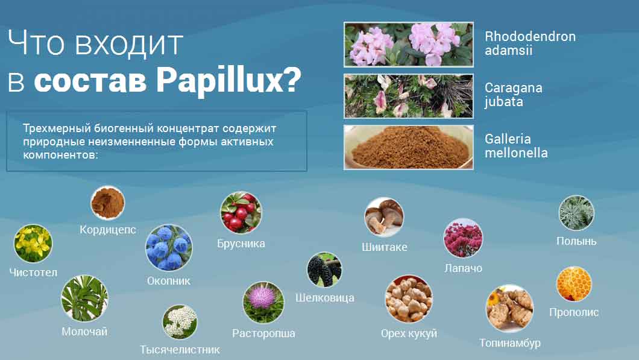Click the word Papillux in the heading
tap(228, 80)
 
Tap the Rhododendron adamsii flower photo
tap(408, 45)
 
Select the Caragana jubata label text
tap(513, 95)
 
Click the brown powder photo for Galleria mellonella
tap(408, 147)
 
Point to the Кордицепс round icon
tap(107, 203)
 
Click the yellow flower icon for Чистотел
tap(33, 244)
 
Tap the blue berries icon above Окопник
tap(169, 248)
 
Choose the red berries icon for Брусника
tap(241, 212)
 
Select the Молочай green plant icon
tap(84, 298)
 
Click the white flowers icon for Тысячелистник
tap(180, 322)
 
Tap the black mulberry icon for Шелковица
tap(324, 270)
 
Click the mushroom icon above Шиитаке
tap(384, 217)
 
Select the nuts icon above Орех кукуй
tap(409, 299)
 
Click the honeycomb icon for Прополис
tap(574, 284)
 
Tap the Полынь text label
tap(577, 241)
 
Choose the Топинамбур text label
tap(510, 343)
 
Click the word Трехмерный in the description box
tap(57, 128)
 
